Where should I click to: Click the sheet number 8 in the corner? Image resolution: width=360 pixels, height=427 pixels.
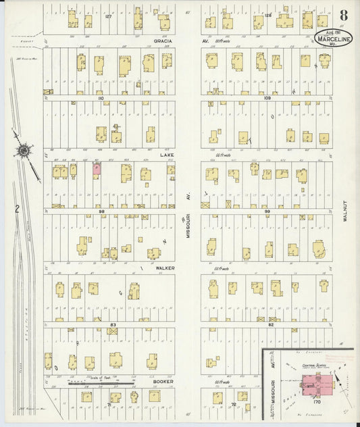344,15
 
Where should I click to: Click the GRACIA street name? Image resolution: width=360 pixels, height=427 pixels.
163,41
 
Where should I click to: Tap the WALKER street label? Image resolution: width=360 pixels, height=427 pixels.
165,268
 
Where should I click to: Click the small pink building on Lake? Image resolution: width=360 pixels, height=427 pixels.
97,170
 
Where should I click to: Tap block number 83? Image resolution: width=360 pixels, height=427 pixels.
113,325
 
